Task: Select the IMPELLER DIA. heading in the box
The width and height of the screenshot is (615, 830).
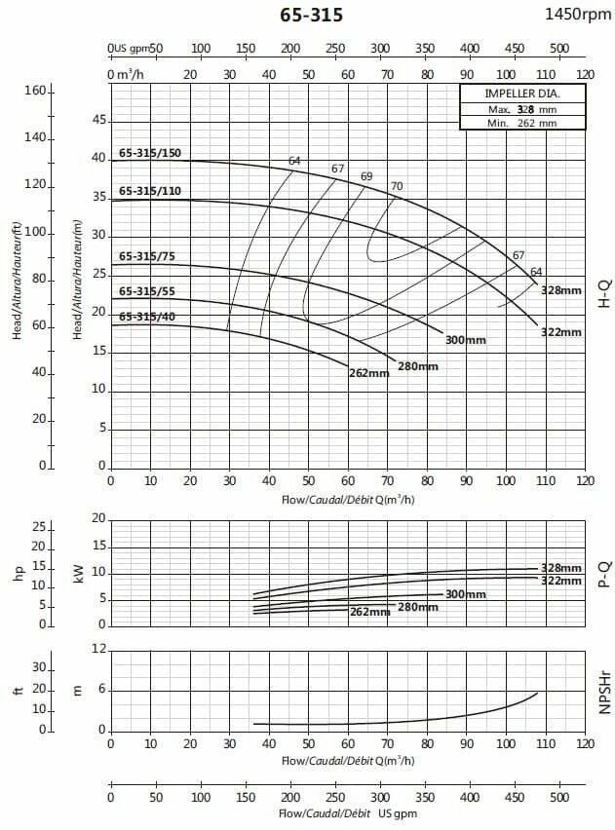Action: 522,94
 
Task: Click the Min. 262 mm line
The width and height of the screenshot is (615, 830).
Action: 522,123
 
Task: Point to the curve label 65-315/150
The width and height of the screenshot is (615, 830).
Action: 151,153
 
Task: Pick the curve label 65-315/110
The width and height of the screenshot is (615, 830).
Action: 151,191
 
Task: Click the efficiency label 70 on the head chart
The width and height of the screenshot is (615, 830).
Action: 397,186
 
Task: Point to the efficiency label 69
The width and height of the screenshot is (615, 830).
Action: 366,176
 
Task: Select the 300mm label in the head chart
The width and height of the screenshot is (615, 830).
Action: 465,340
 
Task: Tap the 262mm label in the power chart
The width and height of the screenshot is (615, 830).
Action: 369,612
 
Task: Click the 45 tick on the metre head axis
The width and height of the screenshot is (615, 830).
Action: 97,120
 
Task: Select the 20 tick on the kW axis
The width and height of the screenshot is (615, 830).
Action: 97,518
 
